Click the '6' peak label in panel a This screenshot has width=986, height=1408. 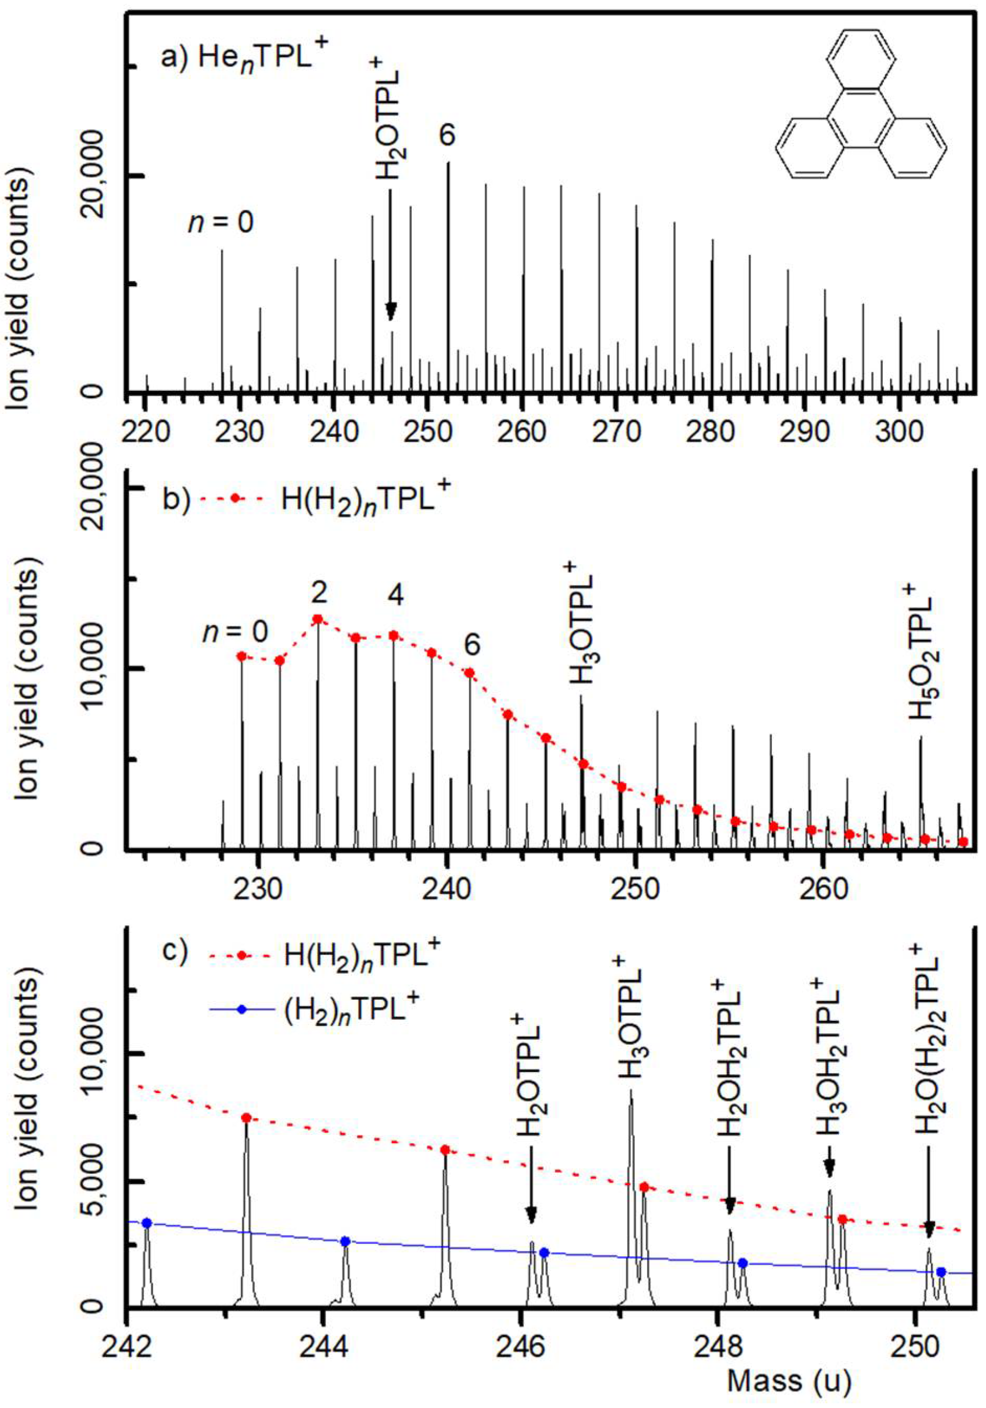[x=447, y=136]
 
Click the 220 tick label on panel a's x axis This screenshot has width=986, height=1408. [x=145, y=432]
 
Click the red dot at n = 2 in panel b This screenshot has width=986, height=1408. [x=318, y=619]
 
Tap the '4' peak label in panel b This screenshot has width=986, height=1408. [x=396, y=595]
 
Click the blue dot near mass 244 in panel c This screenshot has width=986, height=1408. [x=345, y=1241]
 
